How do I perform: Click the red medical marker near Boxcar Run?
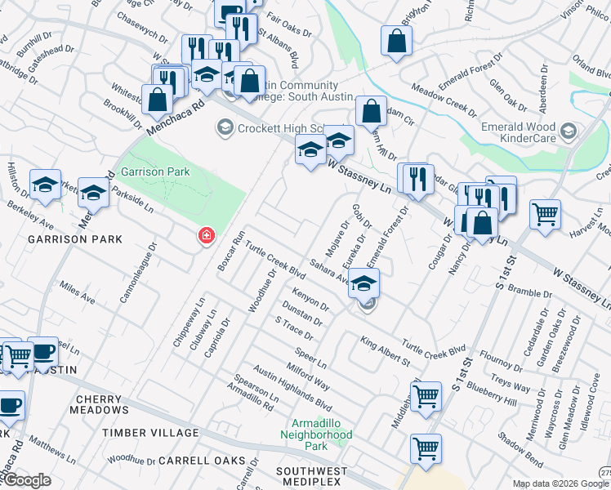pyautogui.click(x=207, y=236)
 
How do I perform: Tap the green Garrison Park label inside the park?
pyautogui.click(x=154, y=171)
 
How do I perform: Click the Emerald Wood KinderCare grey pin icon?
pyautogui.click(x=569, y=131)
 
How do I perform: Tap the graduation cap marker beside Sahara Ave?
pyautogui.click(x=364, y=283)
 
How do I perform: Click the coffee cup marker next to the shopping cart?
pyautogui.click(x=42, y=350)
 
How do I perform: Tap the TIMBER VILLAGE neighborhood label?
pyautogui.click(x=150, y=432)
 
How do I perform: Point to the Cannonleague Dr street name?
pyautogui.click(x=136, y=273)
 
